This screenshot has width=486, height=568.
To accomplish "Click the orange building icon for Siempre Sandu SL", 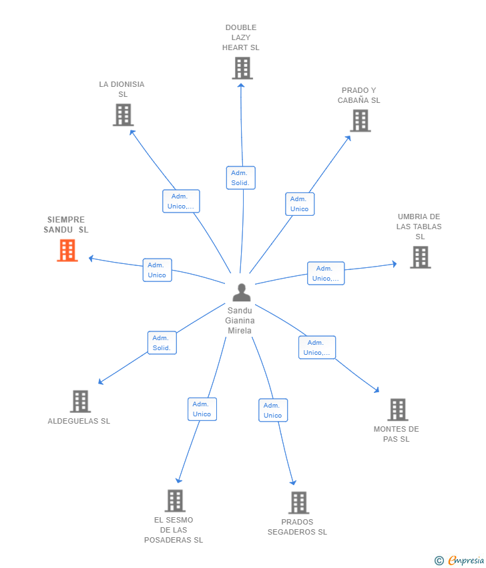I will point(67,251).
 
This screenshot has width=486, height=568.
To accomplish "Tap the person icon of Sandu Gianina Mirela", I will point(241,292).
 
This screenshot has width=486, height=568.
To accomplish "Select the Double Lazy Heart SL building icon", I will point(242,68).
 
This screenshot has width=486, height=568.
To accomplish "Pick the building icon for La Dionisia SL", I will point(123,115).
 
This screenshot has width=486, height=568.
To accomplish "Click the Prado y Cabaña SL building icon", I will point(360,121).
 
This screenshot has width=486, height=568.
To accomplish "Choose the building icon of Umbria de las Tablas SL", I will point(420,257).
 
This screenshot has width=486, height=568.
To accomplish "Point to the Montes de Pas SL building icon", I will point(397,410).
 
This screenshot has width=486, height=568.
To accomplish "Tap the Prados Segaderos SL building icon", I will point(298,503).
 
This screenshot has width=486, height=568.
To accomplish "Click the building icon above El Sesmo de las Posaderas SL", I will point(174,501).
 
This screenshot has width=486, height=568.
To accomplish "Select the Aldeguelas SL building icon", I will point(80,402).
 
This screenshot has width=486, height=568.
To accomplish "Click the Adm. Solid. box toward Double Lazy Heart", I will point(240,178).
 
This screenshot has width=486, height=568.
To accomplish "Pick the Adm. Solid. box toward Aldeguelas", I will point(162,343).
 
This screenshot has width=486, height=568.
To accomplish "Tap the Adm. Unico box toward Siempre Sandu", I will point(157,270).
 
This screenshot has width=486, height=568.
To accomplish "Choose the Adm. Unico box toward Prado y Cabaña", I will point(299,204).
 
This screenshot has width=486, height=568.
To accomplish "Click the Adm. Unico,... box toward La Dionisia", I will point(181,201).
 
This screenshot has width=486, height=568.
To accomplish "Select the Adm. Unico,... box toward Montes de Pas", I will point(316,347).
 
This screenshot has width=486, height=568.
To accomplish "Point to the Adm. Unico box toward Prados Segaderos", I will point(272,410).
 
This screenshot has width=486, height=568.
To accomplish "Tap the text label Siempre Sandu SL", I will point(66,225).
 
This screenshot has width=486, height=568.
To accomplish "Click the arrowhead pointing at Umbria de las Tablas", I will point(395,264).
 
